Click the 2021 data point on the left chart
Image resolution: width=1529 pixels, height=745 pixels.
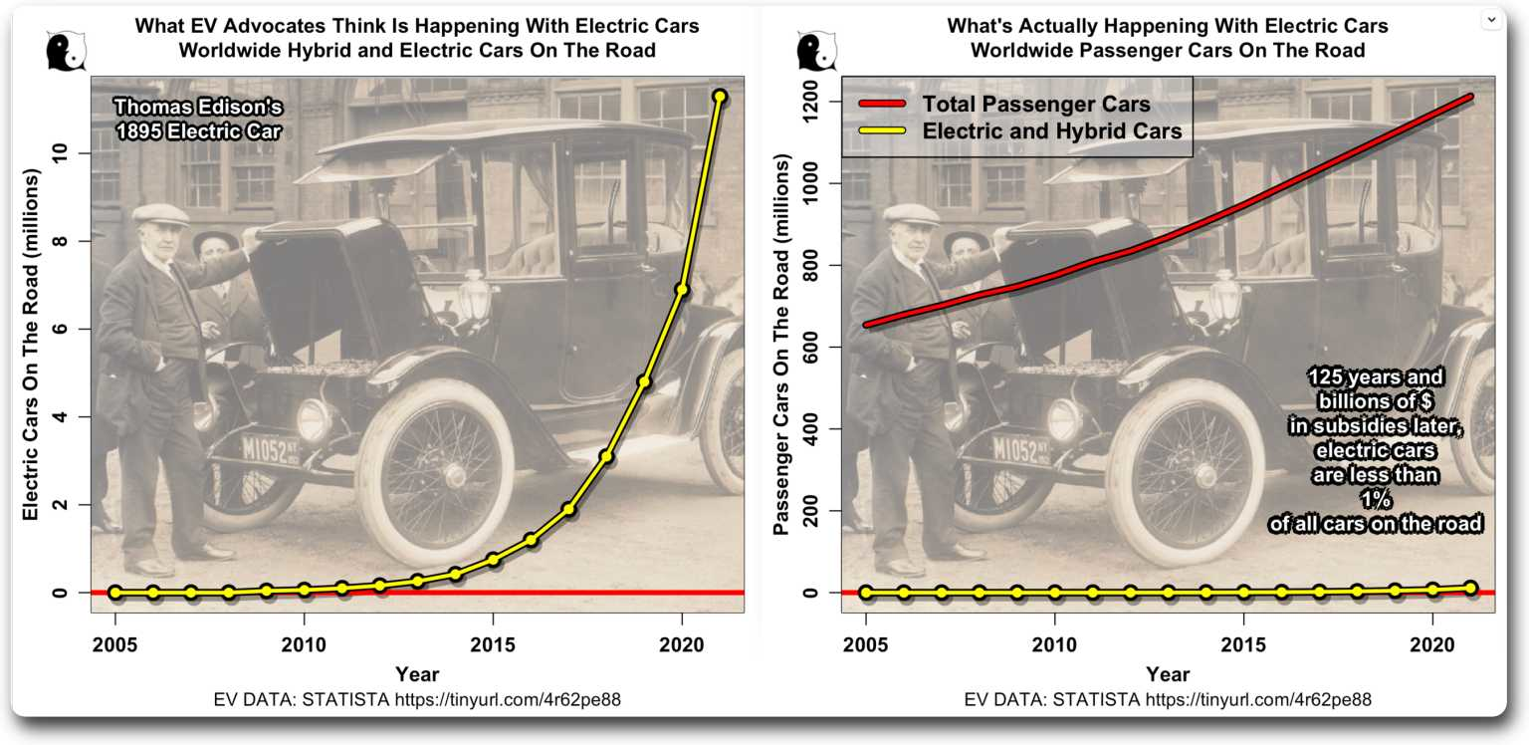tap(720, 97)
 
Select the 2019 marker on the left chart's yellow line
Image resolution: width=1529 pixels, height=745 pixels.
tap(644, 381)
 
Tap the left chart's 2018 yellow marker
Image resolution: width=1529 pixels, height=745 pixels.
tap(606, 456)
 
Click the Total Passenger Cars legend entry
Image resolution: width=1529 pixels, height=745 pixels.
tap(1036, 105)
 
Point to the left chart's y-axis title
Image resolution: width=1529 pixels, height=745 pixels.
tap(31, 344)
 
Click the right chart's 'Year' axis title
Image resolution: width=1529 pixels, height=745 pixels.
tap(1167, 674)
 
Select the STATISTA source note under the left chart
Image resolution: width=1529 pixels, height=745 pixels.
tap(417, 699)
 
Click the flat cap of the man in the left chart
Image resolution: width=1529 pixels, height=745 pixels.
tap(159, 214)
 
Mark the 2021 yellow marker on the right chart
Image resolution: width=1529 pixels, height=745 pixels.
tap(1470, 589)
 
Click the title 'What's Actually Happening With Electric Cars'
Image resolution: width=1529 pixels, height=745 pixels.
tap(1168, 26)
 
